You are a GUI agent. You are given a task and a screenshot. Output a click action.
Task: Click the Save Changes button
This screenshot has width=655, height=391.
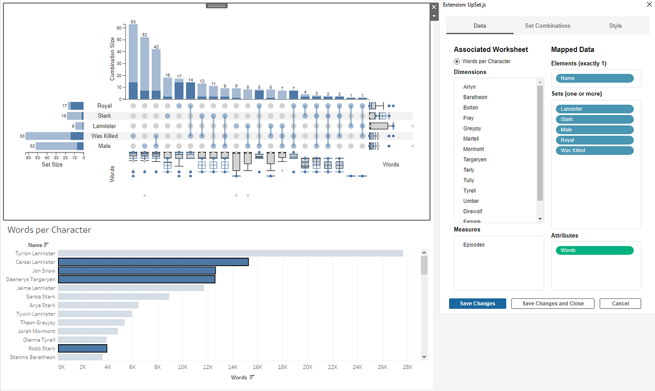coord(477,304)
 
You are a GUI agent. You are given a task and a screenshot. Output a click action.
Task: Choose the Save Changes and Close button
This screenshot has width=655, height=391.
coord(553,304)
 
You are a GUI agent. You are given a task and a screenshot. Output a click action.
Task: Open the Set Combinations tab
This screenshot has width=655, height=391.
coord(547,26)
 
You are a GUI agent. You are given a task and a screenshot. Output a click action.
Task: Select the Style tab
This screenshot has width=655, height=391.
coord(615,26)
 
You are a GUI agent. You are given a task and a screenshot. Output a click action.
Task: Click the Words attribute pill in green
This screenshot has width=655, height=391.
coord(594,250)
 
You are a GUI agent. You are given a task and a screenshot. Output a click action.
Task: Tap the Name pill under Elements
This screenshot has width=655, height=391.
coord(594,78)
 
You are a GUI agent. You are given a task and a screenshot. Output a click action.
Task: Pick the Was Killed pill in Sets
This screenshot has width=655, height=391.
coord(594,150)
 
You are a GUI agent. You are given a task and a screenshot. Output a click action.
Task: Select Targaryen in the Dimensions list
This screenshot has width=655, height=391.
coord(474,159)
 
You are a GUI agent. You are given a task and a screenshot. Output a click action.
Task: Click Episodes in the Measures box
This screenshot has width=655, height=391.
coord(473,245)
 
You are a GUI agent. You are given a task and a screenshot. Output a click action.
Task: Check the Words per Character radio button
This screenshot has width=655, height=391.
coord(457,61)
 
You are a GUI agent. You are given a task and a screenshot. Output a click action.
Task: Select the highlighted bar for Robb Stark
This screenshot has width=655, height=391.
coord(82,348)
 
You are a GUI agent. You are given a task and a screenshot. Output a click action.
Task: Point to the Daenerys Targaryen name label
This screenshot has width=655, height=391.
coord(30,279)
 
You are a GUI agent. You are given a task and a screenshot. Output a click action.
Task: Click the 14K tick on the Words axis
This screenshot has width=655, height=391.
coord(233,367)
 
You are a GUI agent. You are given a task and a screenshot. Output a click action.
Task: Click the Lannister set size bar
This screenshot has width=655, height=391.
coord(79,126)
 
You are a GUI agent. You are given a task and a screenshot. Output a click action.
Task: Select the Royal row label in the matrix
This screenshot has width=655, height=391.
coord(104,106)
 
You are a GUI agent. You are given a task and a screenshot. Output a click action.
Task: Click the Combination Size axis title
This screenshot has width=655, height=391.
coord(112,60)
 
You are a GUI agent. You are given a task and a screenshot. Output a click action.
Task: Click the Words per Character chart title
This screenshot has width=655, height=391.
coord(49,230)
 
